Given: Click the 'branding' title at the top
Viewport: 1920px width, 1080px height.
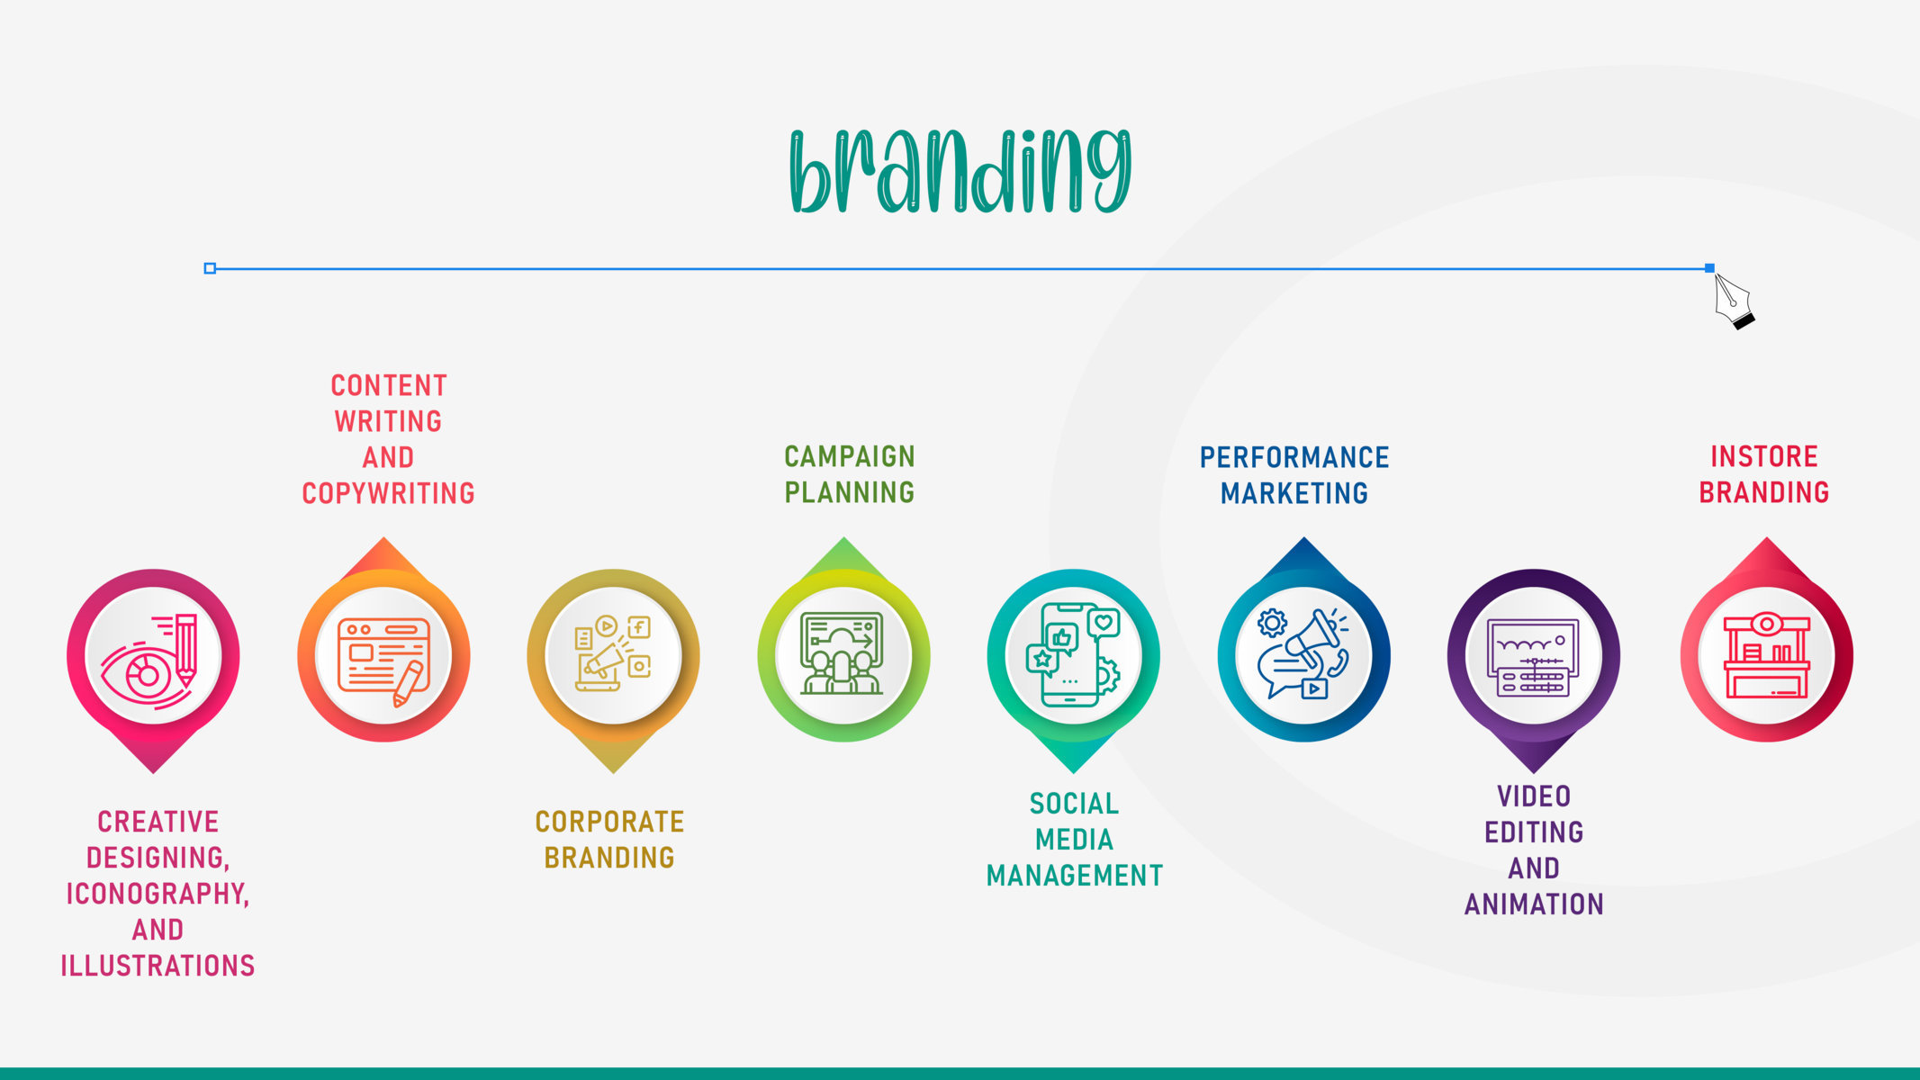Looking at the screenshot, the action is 960,171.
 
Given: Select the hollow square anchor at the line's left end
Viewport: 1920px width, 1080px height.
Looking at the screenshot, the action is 210,268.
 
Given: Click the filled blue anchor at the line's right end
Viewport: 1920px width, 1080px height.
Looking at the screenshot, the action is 1709,268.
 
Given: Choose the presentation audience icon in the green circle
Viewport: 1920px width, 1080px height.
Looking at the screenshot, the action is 843,654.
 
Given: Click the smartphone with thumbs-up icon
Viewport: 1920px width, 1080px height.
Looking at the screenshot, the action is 1073,654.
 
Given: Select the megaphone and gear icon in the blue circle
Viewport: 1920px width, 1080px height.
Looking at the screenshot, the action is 1303,653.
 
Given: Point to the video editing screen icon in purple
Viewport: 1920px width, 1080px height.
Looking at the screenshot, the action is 1533,658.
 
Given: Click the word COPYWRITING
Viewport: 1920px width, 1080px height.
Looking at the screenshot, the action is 388,493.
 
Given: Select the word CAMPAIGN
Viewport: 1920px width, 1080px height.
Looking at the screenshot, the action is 849,456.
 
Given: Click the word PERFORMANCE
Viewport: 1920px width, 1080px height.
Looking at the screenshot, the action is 1294,457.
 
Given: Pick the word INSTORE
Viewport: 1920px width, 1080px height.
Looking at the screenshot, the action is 1764,456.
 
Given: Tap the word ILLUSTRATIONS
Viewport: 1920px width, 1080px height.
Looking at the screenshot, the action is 158,966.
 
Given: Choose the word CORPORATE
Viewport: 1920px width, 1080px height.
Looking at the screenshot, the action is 609,822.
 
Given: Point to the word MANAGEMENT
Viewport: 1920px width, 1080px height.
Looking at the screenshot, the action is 1075,876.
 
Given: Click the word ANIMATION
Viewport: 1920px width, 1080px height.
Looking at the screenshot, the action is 1534,904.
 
